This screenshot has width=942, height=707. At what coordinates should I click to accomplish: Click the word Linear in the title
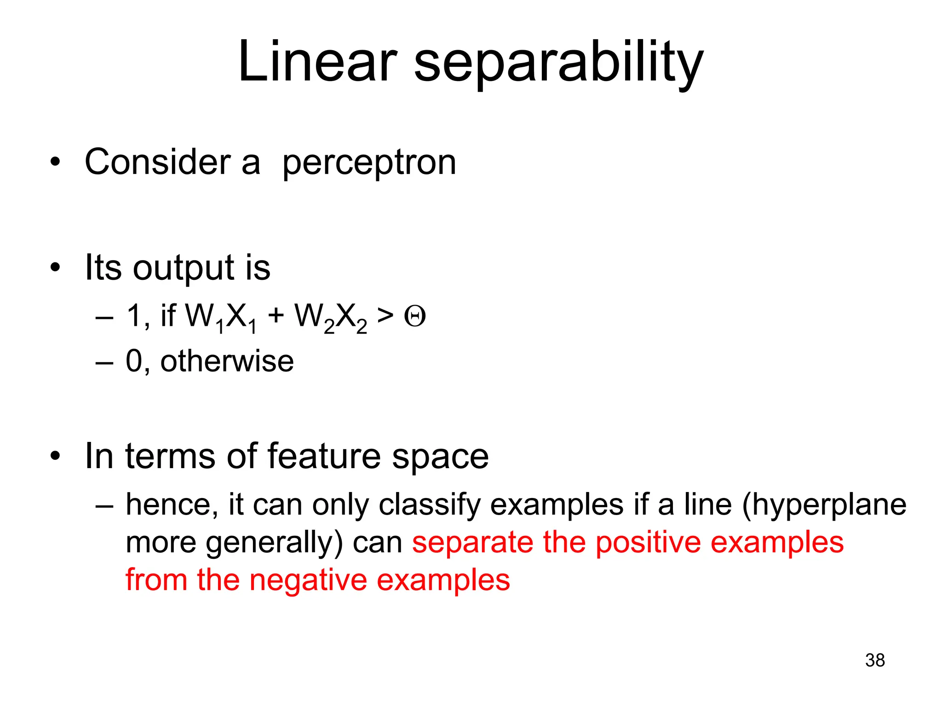[317, 62]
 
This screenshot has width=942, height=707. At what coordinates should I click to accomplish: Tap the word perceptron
[369, 163]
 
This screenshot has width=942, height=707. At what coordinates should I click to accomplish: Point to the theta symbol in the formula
[415, 317]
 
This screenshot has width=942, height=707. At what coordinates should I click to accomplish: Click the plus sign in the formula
[276, 316]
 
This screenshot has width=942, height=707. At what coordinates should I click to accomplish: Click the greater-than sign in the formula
[385, 316]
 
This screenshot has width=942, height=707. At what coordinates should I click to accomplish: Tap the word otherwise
[227, 361]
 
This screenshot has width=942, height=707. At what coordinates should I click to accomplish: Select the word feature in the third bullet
[324, 456]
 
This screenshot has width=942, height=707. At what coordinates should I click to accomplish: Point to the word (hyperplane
[824, 505]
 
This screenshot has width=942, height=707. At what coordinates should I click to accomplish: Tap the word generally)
[274, 544]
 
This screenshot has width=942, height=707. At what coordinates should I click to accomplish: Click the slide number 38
[875, 660]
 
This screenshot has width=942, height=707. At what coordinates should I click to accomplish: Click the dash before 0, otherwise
[104, 362]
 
